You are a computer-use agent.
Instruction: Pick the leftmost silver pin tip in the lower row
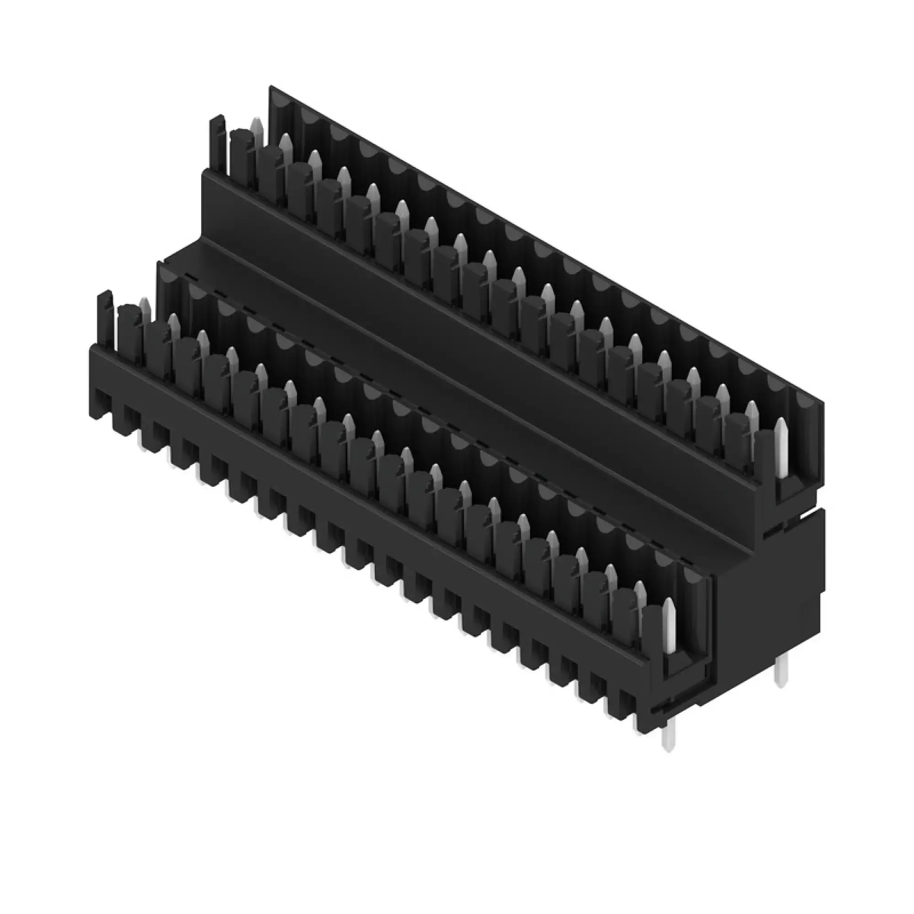[x=144, y=306]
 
